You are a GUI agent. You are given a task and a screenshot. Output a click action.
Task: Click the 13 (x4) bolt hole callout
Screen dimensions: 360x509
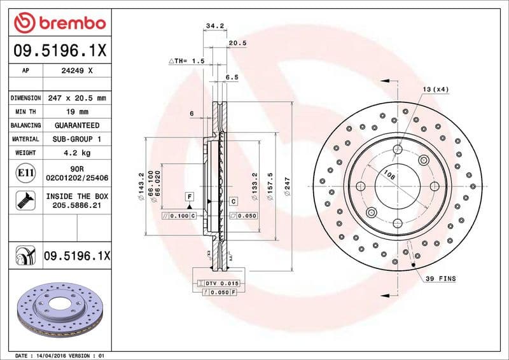(436, 89)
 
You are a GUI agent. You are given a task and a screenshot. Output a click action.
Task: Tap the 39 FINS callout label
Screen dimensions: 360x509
(441, 279)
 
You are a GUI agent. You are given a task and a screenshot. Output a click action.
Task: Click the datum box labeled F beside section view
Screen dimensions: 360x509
(189, 196)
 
